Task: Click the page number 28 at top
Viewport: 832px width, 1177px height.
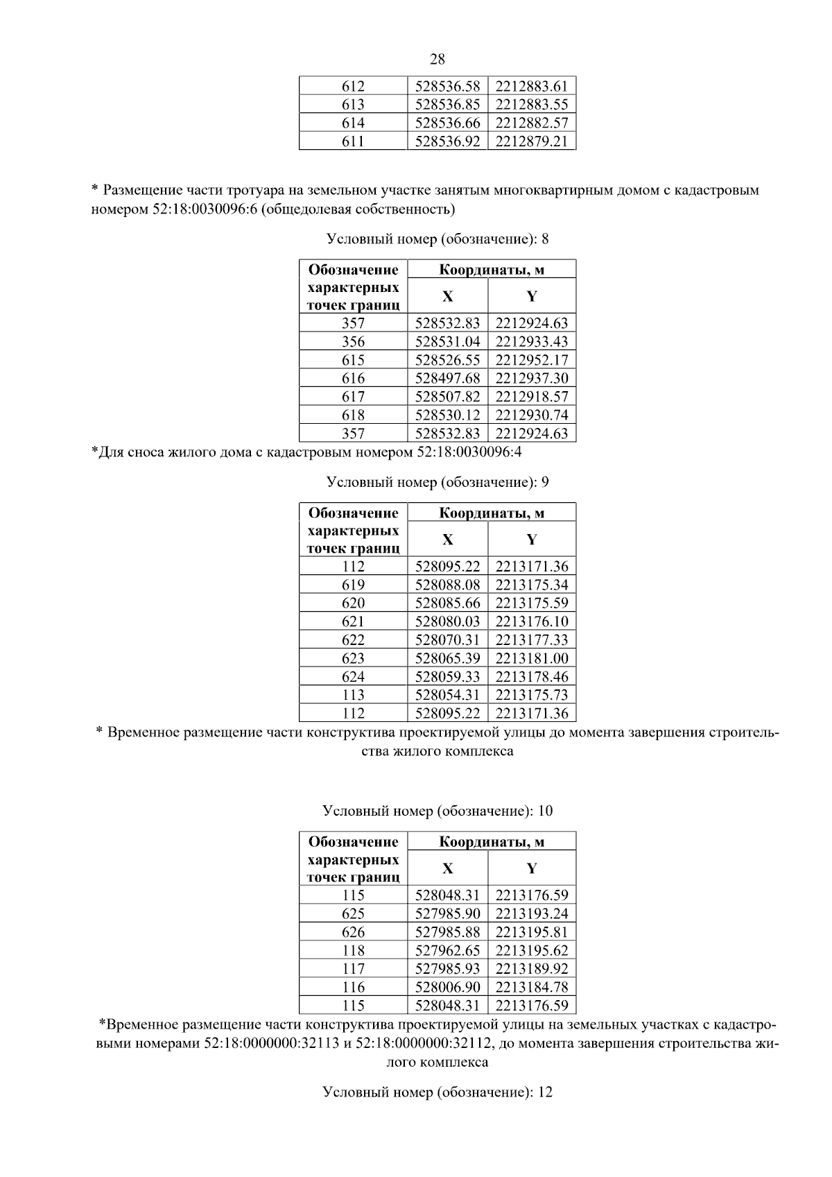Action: [437, 60]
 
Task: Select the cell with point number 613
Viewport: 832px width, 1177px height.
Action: [353, 105]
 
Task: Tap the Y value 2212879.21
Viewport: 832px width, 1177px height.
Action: [532, 141]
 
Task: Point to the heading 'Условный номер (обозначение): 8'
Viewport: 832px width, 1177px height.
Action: [437, 239]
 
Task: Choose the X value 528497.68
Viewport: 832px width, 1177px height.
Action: [447, 378]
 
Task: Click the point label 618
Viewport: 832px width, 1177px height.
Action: [353, 415]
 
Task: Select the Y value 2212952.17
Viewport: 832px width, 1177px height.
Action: [532, 360]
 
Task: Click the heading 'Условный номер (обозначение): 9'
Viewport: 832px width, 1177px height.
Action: [437, 481]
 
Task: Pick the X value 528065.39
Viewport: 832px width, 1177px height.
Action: [447, 658]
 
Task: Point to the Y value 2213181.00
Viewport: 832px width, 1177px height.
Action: [532, 658]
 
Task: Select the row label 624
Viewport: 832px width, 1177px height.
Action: [353, 676]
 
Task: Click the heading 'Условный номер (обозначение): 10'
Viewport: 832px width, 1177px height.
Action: [437, 811]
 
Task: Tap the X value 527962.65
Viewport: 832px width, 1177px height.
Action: [447, 950]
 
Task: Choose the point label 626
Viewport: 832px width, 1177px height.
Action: [353, 932]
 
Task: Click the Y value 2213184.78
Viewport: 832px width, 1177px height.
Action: [532, 987]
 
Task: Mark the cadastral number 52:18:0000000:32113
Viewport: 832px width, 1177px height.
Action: [271, 1044]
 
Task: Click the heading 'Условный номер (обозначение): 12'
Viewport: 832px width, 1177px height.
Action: [437, 1092]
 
